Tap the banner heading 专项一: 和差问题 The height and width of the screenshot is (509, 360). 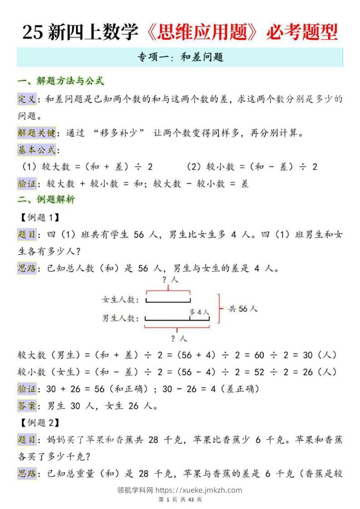pos(180,58)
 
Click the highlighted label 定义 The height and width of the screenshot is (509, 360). pos(26,99)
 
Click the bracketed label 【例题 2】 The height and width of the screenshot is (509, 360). pos(40,423)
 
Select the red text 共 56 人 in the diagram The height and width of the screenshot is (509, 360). pos(243,308)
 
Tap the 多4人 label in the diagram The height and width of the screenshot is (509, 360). pos(199,312)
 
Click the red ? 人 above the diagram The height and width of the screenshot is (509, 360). pos(170,280)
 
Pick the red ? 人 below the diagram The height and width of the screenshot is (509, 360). pos(178,338)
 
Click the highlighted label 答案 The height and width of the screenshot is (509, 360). pos(26,406)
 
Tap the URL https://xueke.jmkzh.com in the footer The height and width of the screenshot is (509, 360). pos(198,490)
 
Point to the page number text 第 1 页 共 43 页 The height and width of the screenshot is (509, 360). pos(180,499)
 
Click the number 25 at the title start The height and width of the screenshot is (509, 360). pos(32,33)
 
